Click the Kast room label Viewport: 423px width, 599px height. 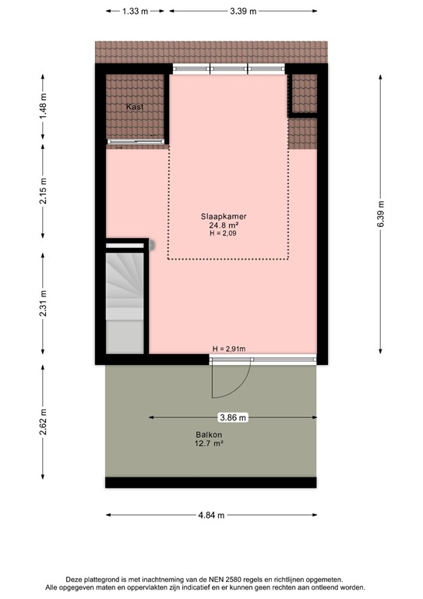[x=135, y=107]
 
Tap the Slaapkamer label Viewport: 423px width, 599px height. [x=224, y=216]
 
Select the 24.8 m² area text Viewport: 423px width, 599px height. [x=224, y=225]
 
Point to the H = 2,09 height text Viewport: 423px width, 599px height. [x=223, y=233]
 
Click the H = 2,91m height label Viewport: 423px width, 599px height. [x=229, y=349]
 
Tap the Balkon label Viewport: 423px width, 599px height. [x=209, y=434]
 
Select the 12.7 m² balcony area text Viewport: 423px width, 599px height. [x=209, y=444]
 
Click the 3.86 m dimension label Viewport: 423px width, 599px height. [x=233, y=417]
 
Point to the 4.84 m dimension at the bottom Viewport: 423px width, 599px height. [x=211, y=515]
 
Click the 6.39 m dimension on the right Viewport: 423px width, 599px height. [x=380, y=214]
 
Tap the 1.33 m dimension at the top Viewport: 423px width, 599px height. [x=135, y=11]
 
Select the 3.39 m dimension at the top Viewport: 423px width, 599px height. [x=243, y=11]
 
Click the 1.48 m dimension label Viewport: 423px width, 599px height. [x=43, y=107]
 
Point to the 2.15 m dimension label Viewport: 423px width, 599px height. [x=43, y=190]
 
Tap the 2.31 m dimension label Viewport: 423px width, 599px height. [x=43, y=303]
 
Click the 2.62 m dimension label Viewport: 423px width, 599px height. [x=43, y=422]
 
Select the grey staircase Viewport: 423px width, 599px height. [x=125, y=302]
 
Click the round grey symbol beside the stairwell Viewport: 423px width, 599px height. [x=151, y=245]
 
